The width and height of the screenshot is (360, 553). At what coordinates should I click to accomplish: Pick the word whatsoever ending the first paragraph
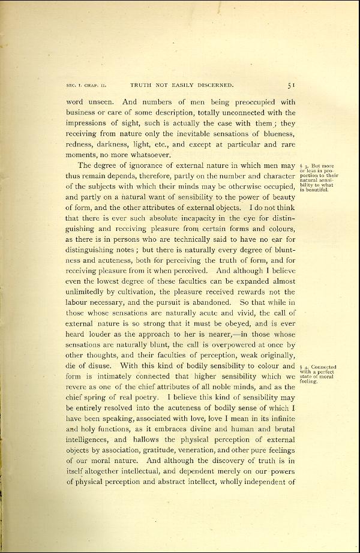(x=149, y=155)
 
